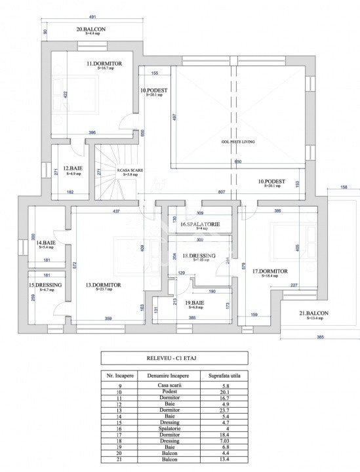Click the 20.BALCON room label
click(x=91, y=29)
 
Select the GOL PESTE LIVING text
click(x=237, y=142)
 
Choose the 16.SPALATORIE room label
click(x=199, y=225)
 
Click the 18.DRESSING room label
click(x=199, y=256)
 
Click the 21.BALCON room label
click(x=313, y=315)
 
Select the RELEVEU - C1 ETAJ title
click(x=174, y=359)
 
